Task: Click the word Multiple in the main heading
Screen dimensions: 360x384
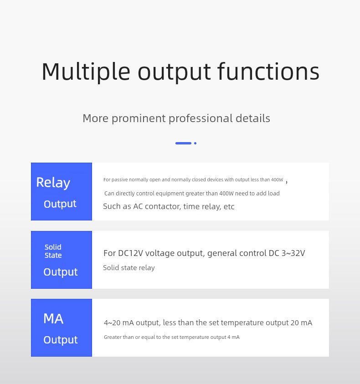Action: (x=86, y=72)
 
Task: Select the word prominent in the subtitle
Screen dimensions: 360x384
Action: (x=139, y=118)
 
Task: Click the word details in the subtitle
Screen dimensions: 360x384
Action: (x=253, y=118)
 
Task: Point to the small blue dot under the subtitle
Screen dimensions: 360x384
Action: (x=195, y=143)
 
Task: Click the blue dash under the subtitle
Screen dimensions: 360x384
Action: (x=183, y=143)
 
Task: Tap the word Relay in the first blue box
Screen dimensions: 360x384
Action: (x=53, y=183)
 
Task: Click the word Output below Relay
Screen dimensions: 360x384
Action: (x=60, y=204)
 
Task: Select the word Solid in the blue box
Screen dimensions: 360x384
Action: (x=53, y=247)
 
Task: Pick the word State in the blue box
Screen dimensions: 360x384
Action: (x=53, y=256)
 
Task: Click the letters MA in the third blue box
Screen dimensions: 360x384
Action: (x=53, y=318)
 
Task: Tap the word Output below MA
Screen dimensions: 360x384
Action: (x=61, y=340)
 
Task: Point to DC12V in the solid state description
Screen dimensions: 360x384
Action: (x=130, y=253)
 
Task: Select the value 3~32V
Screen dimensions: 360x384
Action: (x=293, y=253)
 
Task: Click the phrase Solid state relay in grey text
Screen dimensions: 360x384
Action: (x=129, y=268)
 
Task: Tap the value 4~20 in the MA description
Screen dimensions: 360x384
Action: (x=112, y=323)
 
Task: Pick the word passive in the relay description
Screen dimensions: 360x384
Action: (x=119, y=180)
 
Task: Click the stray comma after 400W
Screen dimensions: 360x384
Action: (x=287, y=182)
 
